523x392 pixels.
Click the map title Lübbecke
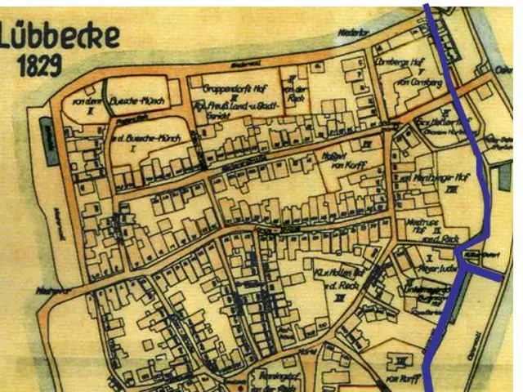61,36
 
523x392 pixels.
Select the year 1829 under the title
41,65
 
